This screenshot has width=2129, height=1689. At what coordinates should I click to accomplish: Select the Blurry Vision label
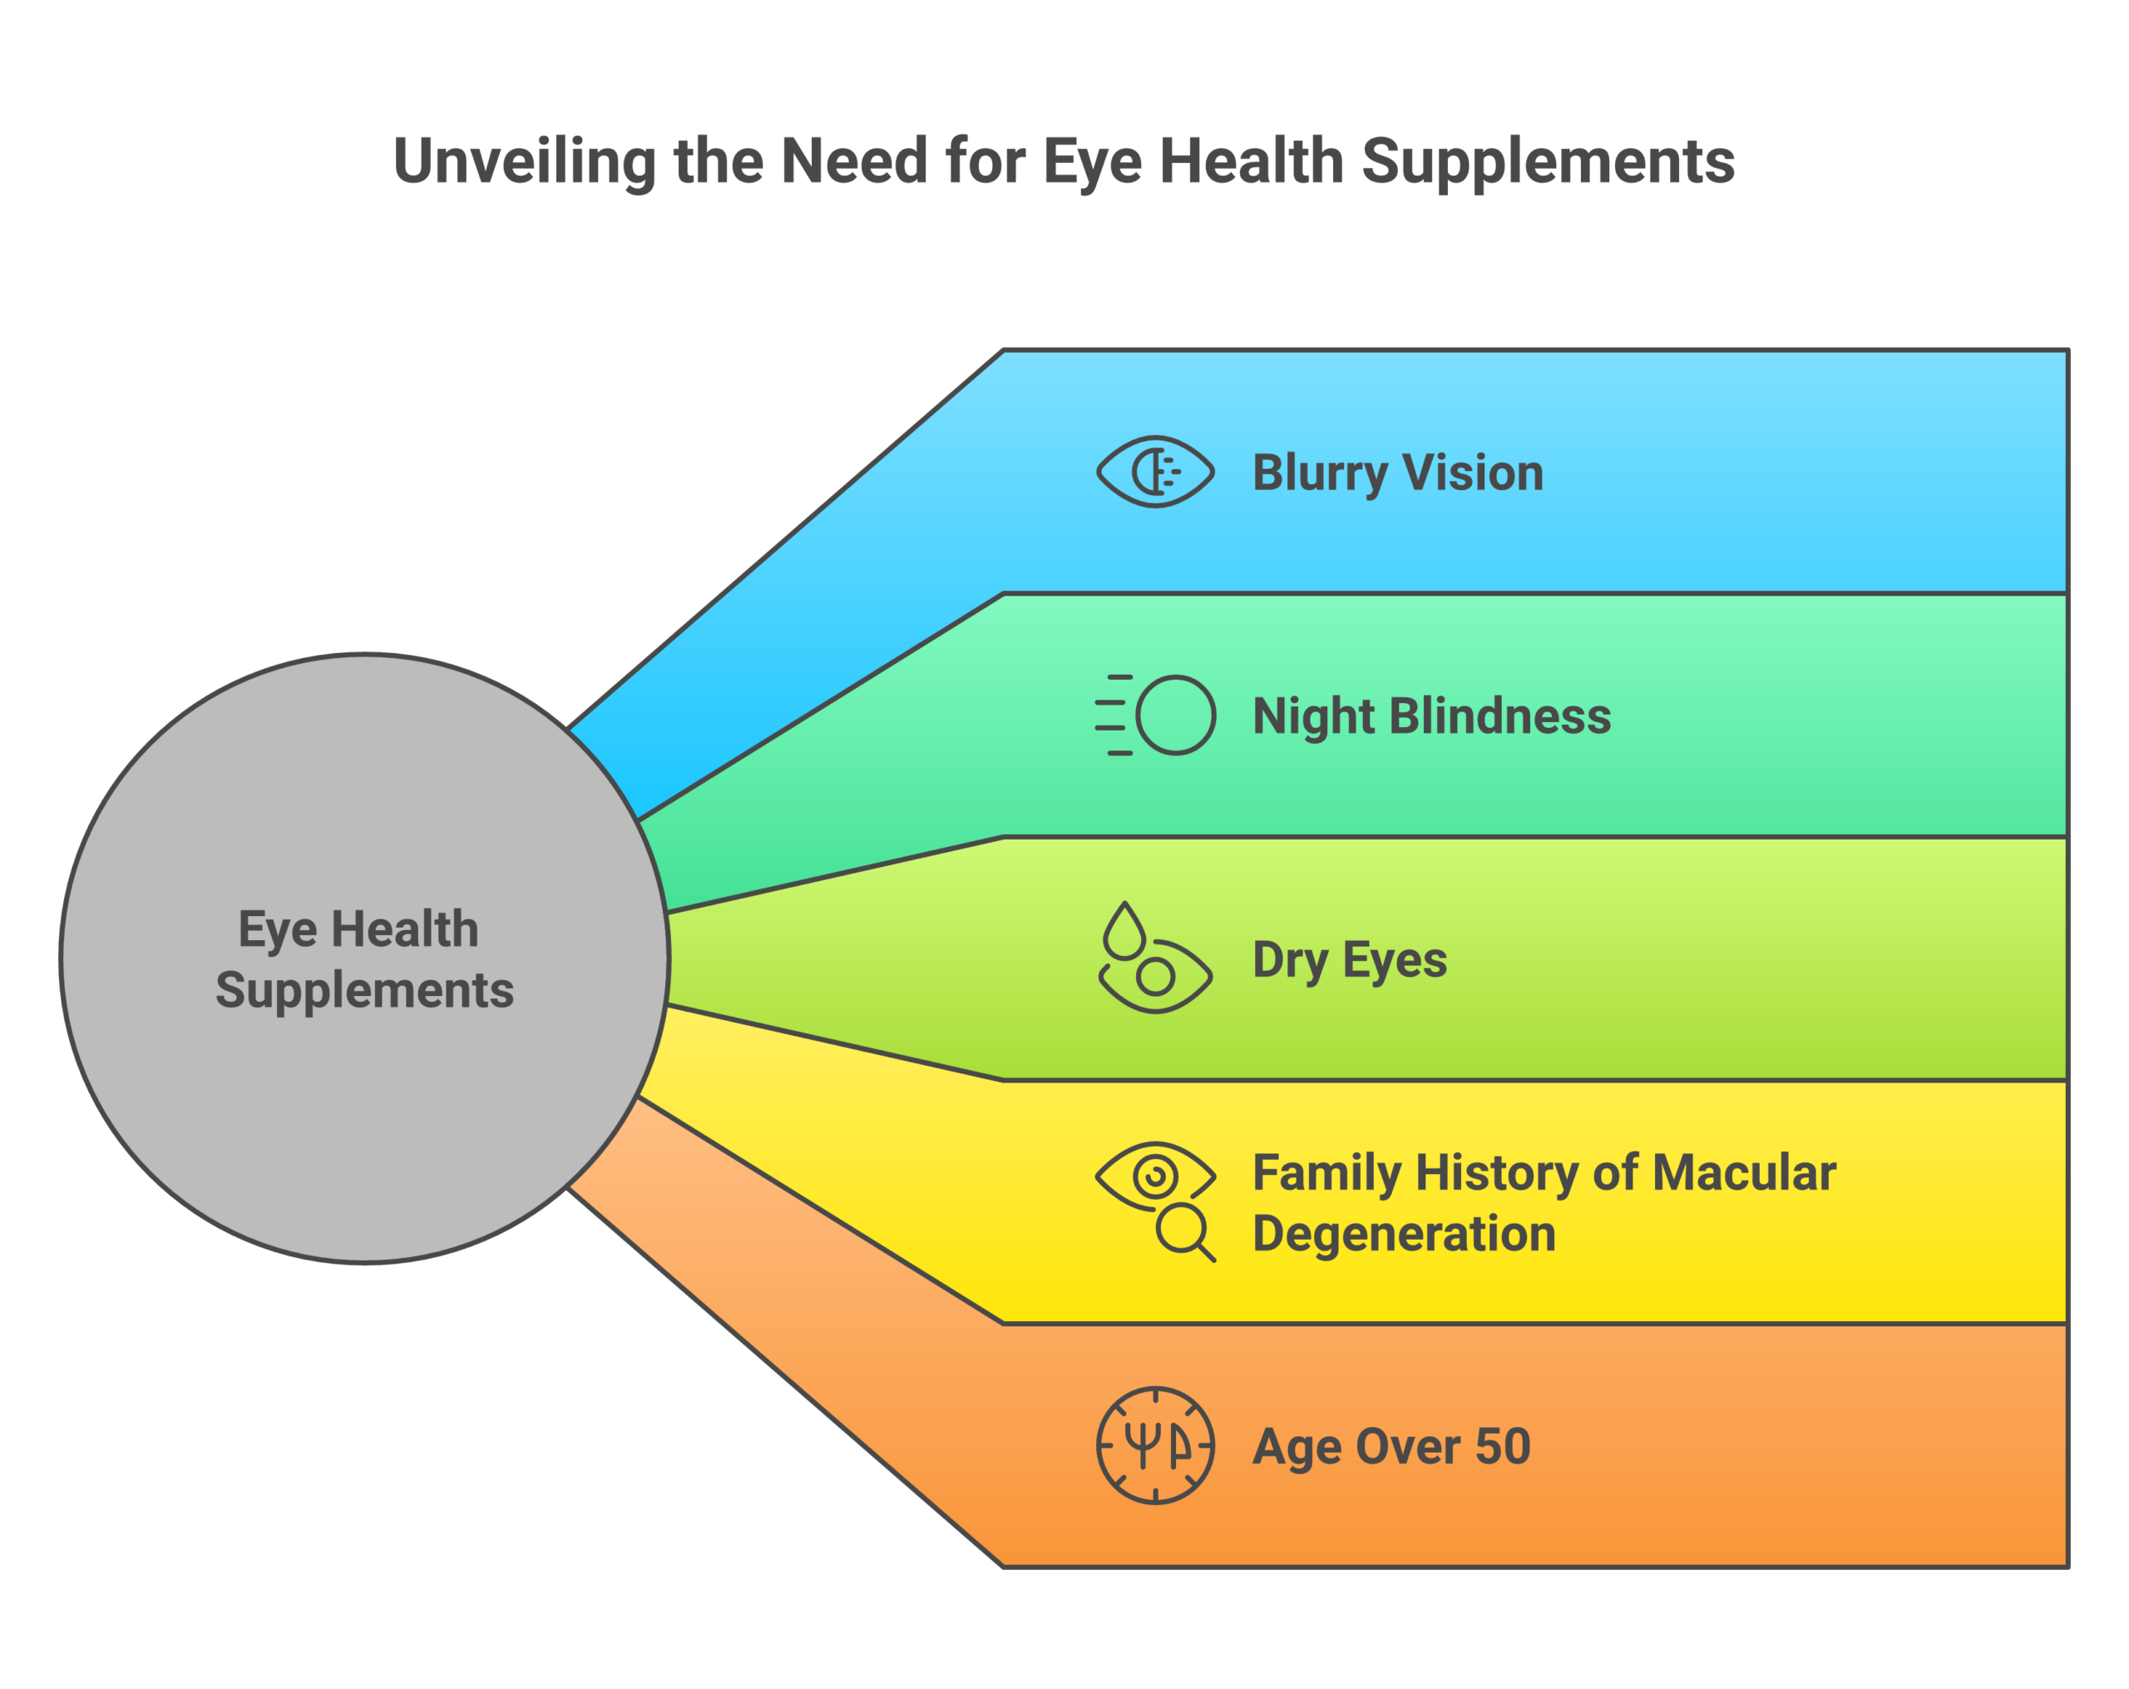(x=1397, y=472)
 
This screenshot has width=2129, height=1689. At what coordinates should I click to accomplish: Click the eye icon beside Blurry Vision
(x=1154, y=472)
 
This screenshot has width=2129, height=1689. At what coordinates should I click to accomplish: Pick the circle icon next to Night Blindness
(x=1175, y=715)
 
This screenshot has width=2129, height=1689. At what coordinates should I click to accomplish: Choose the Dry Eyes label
(x=1349, y=959)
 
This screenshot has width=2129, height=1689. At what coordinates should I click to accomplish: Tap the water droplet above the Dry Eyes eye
(x=1124, y=931)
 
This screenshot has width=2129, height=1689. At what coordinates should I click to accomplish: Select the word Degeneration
(x=1403, y=1234)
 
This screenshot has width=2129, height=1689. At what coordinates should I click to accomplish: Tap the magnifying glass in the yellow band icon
(x=1184, y=1231)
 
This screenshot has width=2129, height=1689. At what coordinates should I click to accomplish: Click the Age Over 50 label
(x=1391, y=1446)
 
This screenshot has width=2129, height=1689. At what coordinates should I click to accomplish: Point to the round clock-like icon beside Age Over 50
(x=1154, y=1446)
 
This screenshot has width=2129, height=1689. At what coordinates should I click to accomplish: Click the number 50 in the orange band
(x=1502, y=1446)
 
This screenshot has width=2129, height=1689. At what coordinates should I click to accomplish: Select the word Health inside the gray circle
(x=404, y=929)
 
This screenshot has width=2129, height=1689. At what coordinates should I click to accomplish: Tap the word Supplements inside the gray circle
(x=364, y=990)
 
